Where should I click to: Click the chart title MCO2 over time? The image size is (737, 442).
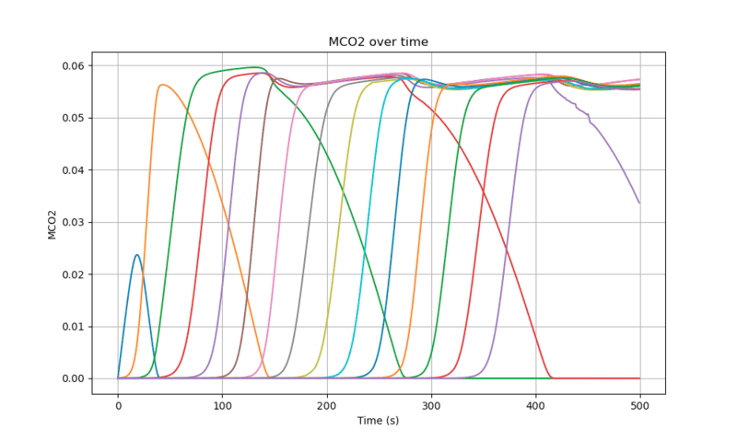[378, 42]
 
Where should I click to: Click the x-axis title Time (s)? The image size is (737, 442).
[378, 421]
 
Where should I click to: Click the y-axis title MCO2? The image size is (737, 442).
[53, 224]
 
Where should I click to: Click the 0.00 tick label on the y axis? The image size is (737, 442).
[74, 378]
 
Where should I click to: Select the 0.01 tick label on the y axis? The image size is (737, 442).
[74, 327]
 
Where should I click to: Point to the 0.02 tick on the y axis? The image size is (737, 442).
[74, 274]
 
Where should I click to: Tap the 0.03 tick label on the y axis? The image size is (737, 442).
[74, 222]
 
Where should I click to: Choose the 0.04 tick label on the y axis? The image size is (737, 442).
[74, 170]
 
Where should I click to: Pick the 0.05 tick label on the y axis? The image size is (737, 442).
[74, 118]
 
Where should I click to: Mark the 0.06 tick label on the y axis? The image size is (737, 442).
[74, 66]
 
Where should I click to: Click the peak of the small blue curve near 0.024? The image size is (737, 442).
[137, 255]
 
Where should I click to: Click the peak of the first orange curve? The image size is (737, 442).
[162, 85]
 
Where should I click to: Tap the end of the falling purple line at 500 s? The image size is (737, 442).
[639, 203]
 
